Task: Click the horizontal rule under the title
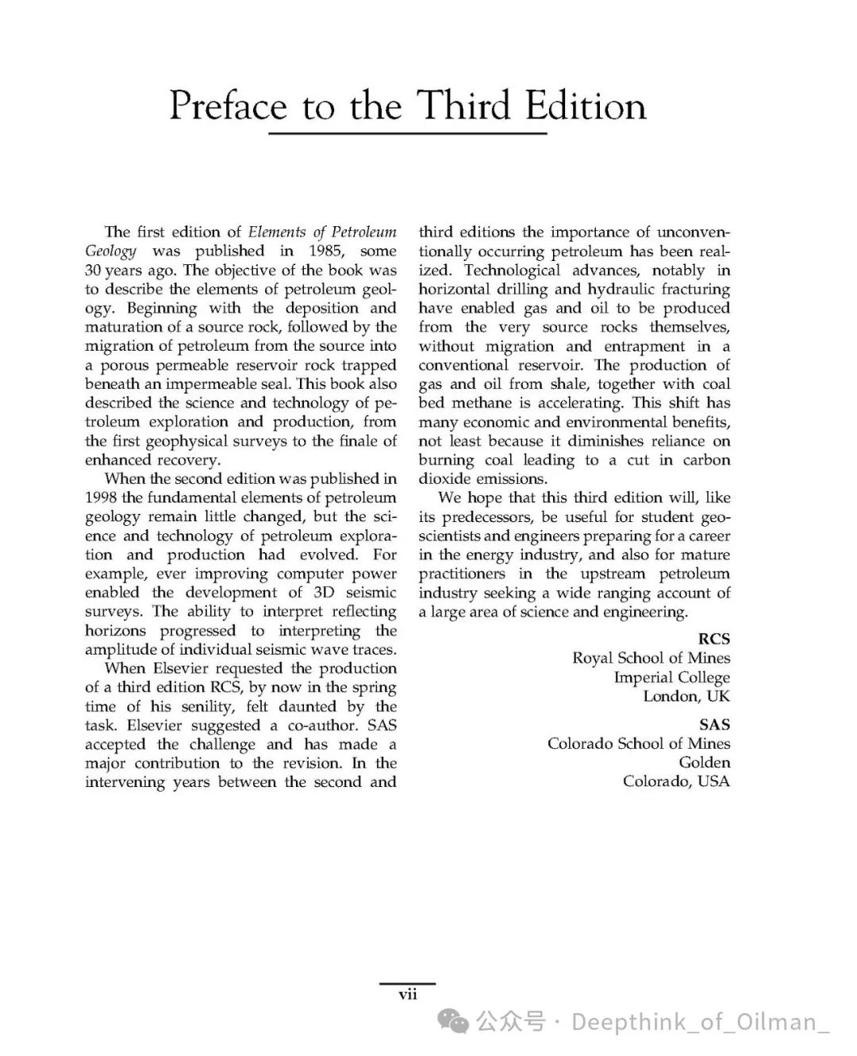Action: pyautogui.click(x=407, y=133)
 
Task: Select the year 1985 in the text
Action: pyautogui.click(x=325, y=251)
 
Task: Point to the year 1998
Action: pyautogui.click(x=102, y=497)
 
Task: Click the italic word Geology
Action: pyautogui.click(x=111, y=251)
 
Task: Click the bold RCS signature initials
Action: pyautogui.click(x=713, y=639)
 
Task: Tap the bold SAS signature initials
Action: pyautogui.click(x=714, y=724)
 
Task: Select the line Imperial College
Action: pyautogui.click(x=671, y=677)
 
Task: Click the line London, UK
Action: pyautogui.click(x=686, y=696)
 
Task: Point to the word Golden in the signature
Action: pyautogui.click(x=704, y=762)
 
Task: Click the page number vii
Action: pyautogui.click(x=407, y=994)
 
